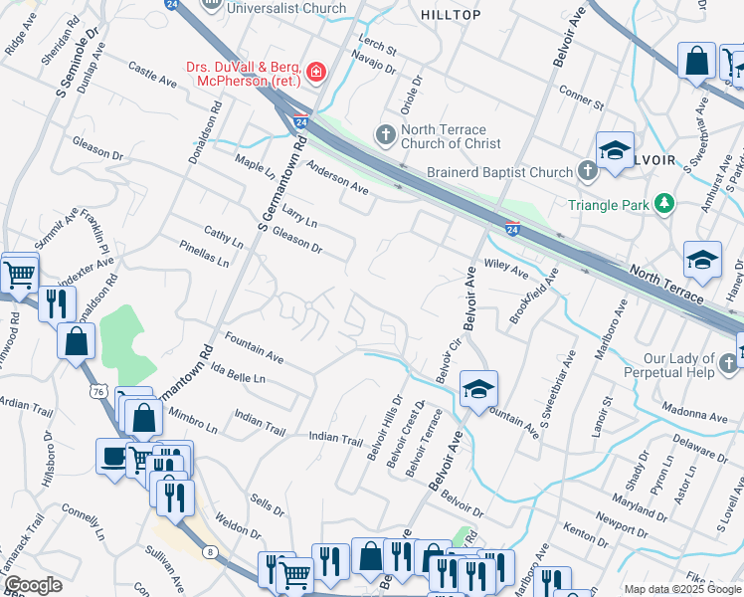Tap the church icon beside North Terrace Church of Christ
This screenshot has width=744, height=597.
tap(386, 133)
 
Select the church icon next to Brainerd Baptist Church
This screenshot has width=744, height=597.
tap(587, 172)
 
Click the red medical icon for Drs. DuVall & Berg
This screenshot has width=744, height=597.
tap(315, 71)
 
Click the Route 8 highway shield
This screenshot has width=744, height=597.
tap(209, 552)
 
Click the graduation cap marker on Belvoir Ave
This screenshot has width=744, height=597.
tap(478, 389)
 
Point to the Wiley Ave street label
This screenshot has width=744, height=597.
tap(505, 269)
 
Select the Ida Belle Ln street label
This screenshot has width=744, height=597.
tap(239, 373)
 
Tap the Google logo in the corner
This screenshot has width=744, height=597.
tap(33, 585)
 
